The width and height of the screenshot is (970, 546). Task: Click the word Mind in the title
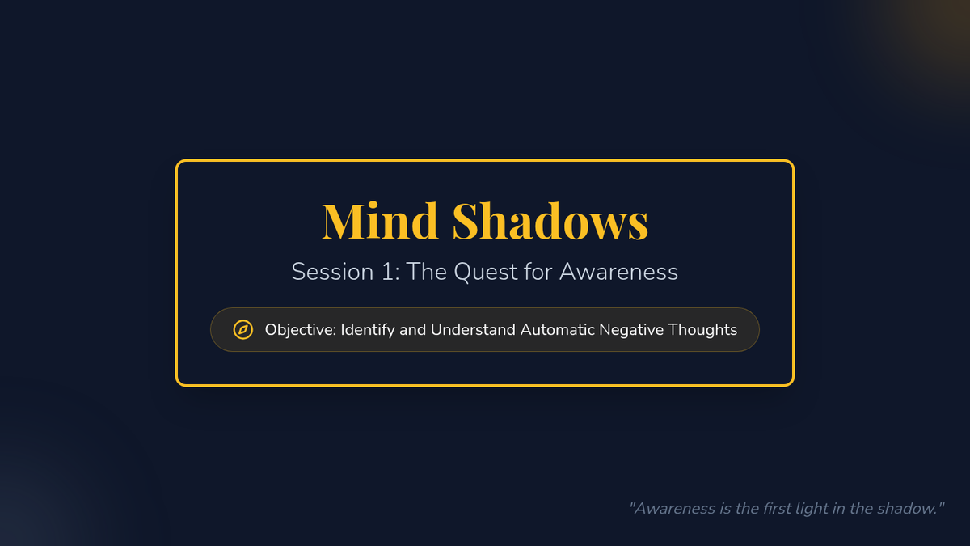pyautogui.click(x=380, y=221)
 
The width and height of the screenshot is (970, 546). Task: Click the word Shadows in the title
pyautogui.click(x=550, y=221)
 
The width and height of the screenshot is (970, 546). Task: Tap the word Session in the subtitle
pyautogui.click(x=332, y=272)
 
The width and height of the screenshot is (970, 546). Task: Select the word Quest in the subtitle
pyautogui.click(x=485, y=272)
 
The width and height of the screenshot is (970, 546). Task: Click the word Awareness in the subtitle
pyautogui.click(x=618, y=272)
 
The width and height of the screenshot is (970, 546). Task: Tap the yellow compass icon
pyautogui.click(x=243, y=330)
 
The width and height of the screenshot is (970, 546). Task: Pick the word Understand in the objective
pyautogui.click(x=473, y=330)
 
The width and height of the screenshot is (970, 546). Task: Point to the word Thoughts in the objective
pyautogui.click(x=702, y=330)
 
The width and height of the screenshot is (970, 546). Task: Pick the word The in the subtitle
pyautogui.click(x=426, y=272)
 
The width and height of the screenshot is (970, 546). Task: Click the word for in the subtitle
pyautogui.click(x=538, y=272)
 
